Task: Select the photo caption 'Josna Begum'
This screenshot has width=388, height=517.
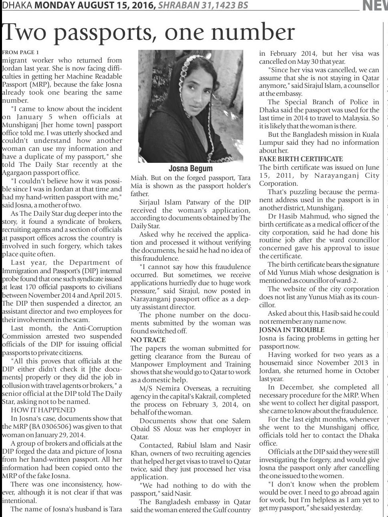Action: click(190, 168)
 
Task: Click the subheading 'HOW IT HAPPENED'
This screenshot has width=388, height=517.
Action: click(43, 410)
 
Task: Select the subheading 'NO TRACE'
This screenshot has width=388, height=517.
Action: click(148, 340)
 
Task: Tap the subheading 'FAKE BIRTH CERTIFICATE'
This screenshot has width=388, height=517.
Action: click(301, 159)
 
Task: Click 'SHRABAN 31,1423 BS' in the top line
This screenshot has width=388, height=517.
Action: click(203, 5)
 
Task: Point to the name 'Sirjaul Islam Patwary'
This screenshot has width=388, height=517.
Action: click(172, 202)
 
